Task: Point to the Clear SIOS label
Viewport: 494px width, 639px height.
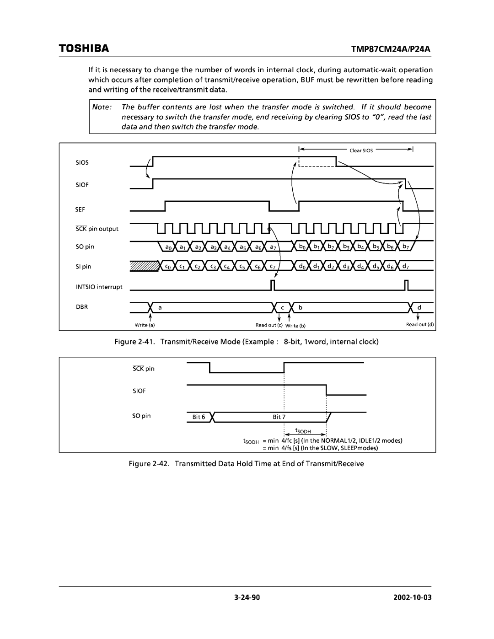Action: (x=361, y=150)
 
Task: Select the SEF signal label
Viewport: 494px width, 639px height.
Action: (x=81, y=209)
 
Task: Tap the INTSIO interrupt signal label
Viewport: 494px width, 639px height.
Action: (x=99, y=287)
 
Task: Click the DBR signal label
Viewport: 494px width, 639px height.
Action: (x=81, y=307)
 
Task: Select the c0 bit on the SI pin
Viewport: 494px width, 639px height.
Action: (x=168, y=266)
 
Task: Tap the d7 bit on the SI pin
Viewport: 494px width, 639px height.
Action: (x=406, y=266)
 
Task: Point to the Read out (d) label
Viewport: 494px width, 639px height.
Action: (x=420, y=325)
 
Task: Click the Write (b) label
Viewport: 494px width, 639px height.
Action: (x=295, y=325)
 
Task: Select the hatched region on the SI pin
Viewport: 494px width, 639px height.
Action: (x=143, y=266)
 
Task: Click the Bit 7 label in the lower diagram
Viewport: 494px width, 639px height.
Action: (x=279, y=417)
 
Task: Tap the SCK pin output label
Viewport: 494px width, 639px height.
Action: (x=97, y=229)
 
